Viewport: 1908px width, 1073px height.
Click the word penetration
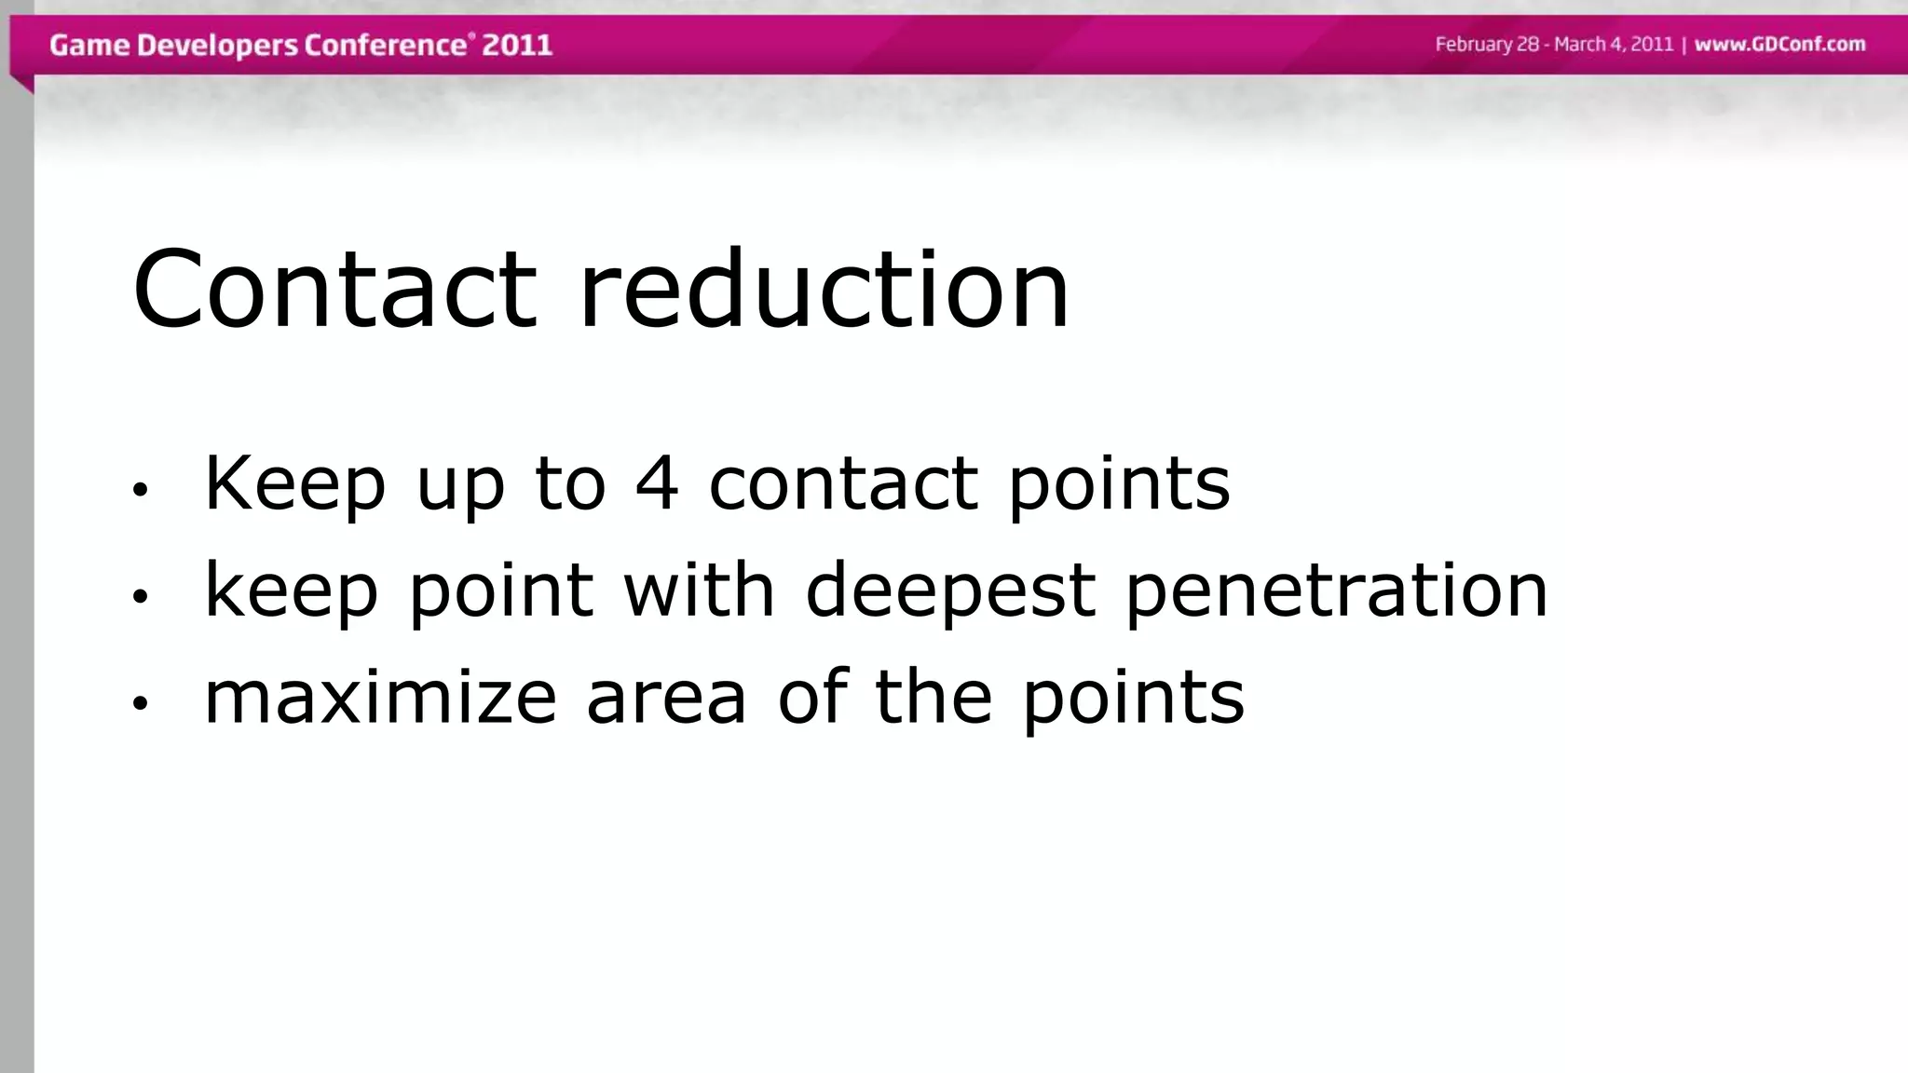1337,591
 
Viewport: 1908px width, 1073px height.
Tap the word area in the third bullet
666,697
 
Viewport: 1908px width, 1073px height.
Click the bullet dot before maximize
140,703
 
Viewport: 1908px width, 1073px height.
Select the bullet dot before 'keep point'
140,596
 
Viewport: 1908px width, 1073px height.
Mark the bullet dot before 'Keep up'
140,489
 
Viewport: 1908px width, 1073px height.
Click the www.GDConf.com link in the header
1779,45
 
